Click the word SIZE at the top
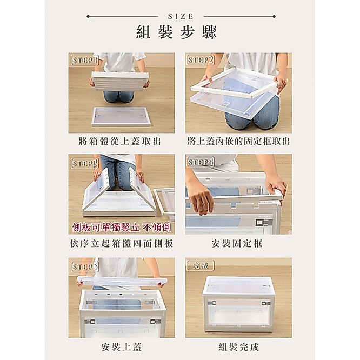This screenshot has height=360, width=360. pyautogui.click(x=181, y=16)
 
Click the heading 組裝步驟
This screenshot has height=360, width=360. pyautogui.click(x=176, y=32)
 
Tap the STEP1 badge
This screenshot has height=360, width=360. pyautogui.click(x=85, y=60)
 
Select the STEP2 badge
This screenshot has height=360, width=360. pyautogui.click(x=200, y=59)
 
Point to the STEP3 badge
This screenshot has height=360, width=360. pyautogui.click(x=85, y=163)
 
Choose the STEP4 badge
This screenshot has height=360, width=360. pyautogui.click(x=200, y=162)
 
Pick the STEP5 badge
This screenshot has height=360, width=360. pyautogui.click(x=85, y=267)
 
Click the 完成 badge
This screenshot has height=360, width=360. pyautogui.click(x=201, y=265)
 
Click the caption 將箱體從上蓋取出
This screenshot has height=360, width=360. pyautogui.click(x=119, y=141)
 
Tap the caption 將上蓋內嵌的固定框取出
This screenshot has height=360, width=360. pyautogui.click(x=238, y=141)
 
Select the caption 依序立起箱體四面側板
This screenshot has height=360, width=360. pyautogui.click(x=122, y=244)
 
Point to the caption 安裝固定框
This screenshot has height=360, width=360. pyautogui.click(x=237, y=244)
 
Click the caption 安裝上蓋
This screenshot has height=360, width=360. pyautogui.click(x=122, y=346)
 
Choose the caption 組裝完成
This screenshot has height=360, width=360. pyautogui.click(x=238, y=346)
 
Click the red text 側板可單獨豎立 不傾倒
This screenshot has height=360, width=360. pyautogui.click(x=122, y=228)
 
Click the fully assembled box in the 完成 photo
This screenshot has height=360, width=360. pyautogui.click(x=238, y=304)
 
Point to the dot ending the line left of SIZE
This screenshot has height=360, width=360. pyautogui.click(x=88, y=16)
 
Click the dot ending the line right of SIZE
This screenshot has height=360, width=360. pyautogui.click(x=274, y=16)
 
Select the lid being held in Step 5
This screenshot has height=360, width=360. pyautogui.click(x=122, y=281)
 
